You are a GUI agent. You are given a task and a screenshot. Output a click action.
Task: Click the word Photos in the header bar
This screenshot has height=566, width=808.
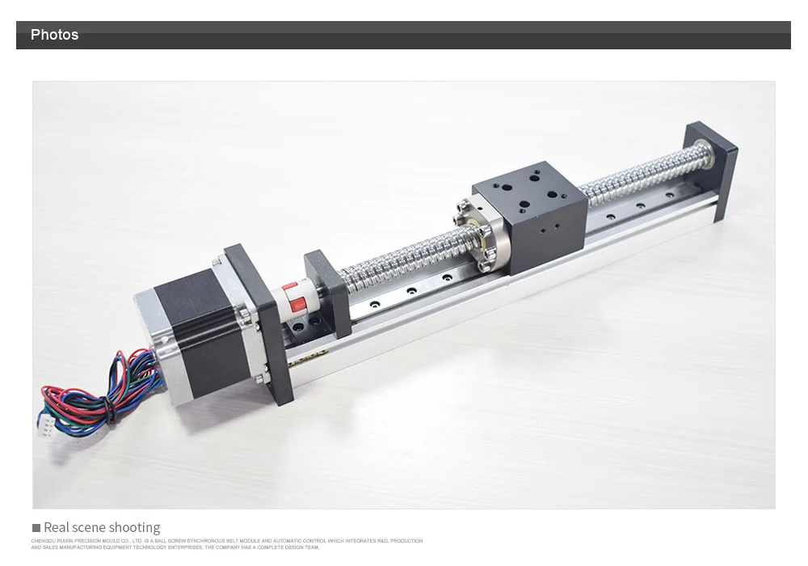click(54, 35)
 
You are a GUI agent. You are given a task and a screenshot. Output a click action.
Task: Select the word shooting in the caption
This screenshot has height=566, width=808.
click(134, 528)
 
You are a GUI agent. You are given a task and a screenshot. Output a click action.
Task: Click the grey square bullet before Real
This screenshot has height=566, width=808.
click(36, 528)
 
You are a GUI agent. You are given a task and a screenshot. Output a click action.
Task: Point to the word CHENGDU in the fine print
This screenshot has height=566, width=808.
click(43, 541)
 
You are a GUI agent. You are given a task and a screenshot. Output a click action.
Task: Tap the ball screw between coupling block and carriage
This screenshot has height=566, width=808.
click(396, 256)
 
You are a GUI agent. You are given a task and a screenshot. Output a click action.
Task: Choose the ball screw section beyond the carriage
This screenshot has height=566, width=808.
click(638, 173)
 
